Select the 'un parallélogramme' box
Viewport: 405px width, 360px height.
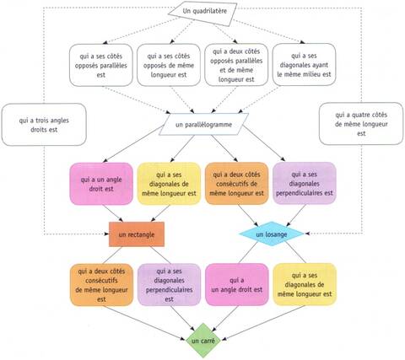tap(203, 125)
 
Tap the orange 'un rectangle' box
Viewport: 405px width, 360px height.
tap(137, 234)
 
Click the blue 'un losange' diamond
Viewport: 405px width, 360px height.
tap(272, 234)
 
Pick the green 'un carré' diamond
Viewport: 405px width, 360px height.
tap(203, 341)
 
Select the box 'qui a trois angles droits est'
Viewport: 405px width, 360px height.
tap(44, 125)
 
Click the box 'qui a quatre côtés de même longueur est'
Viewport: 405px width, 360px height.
tap(361, 124)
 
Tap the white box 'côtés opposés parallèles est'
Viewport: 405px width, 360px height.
tap(101, 65)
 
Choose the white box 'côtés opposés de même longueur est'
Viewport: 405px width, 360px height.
tap(169, 65)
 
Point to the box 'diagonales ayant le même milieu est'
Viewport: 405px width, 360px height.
tap(304, 65)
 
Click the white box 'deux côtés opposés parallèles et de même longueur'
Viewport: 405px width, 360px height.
tap(236, 65)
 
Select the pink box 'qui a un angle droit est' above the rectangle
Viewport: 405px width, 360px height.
tap(101, 184)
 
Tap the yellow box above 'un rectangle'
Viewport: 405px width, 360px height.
tap(169, 184)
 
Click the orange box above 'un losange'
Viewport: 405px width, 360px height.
tap(236, 183)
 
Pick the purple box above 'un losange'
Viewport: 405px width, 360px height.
tap(305, 183)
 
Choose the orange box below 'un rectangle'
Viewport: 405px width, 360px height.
tap(101, 285)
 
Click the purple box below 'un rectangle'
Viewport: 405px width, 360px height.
tap(169, 285)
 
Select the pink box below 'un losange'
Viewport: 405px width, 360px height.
tap(237, 284)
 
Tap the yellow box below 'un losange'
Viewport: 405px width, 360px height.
tap(305, 284)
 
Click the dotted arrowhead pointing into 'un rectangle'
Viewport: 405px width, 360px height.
tap(106, 234)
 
